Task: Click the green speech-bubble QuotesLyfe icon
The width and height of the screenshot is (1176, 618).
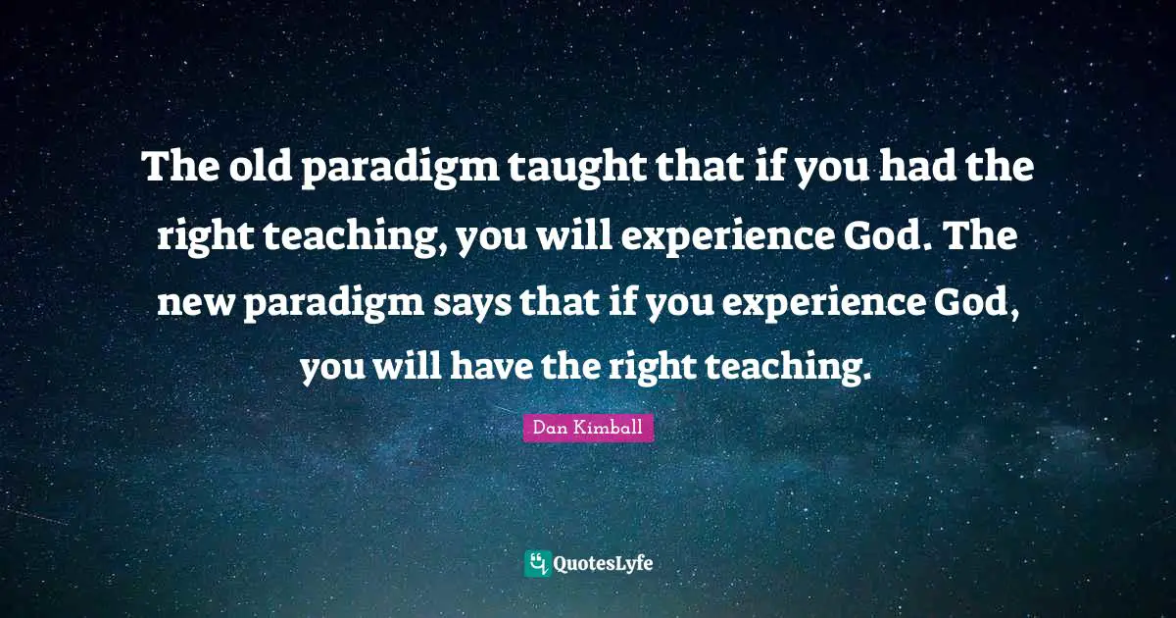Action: [x=536, y=563]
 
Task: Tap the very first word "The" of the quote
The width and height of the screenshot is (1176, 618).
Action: [x=178, y=170]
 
